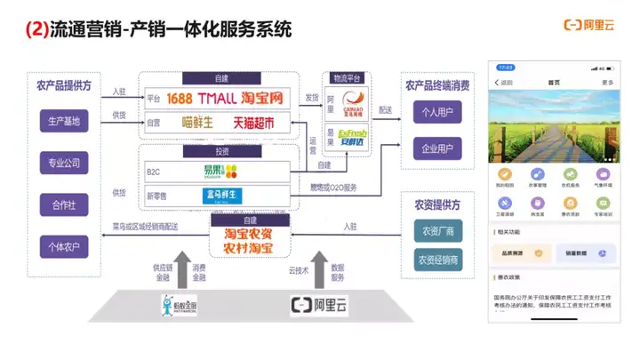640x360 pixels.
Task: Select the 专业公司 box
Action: pos(64,164)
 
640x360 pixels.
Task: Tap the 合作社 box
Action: pos(64,205)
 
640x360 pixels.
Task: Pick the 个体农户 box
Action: pos(64,245)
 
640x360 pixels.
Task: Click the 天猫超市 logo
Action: pos(252,122)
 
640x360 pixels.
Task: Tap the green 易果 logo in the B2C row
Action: pos(220,172)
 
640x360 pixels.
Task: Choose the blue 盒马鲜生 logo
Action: pos(221,196)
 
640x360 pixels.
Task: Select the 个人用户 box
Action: pos(437,114)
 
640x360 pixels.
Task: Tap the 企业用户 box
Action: pos(437,148)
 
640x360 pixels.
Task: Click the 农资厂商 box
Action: pos(436,231)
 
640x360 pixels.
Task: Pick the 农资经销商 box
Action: pos(436,260)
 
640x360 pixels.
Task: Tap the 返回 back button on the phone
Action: pos(504,82)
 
